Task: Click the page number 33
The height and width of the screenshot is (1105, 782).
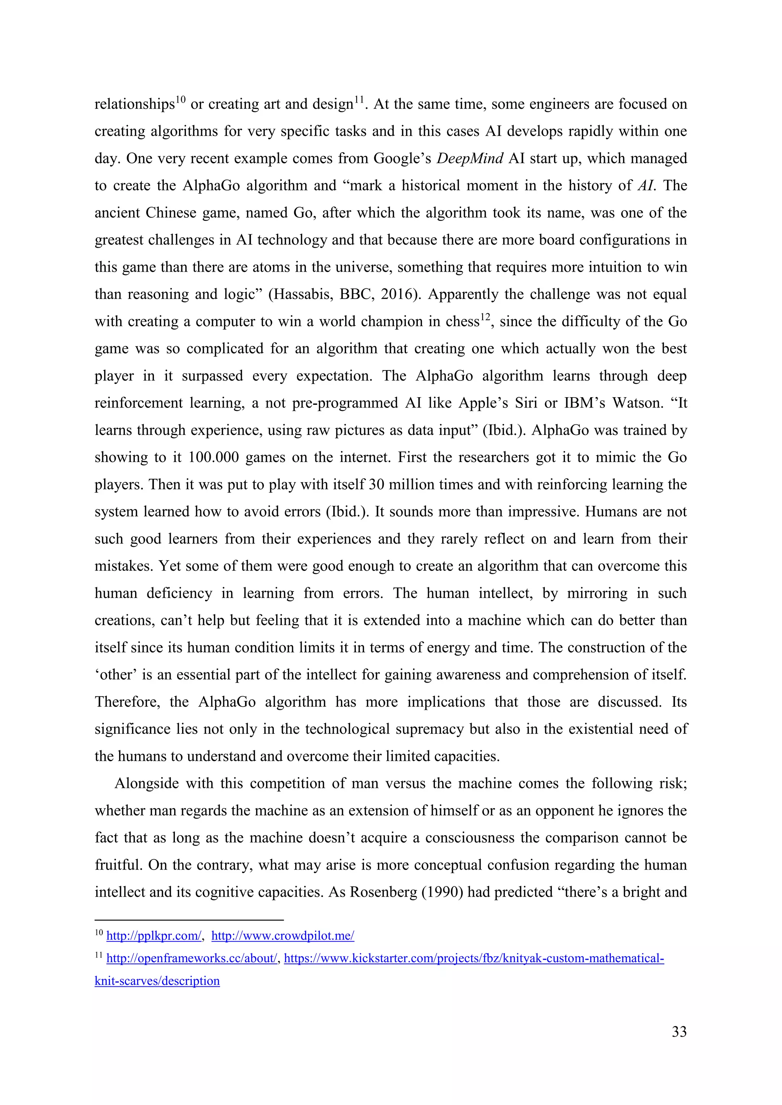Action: (x=679, y=1031)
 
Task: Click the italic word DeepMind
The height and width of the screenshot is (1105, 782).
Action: (x=470, y=158)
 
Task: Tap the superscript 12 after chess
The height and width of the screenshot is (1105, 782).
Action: (x=485, y=317)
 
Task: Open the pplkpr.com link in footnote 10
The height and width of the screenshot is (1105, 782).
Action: (x=153, y=936)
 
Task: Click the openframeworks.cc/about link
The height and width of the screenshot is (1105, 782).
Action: (x=192, y=958)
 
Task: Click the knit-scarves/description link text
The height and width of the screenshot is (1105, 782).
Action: (x=157, y=981)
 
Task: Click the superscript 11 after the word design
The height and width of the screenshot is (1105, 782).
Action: (x=359, y=100)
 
